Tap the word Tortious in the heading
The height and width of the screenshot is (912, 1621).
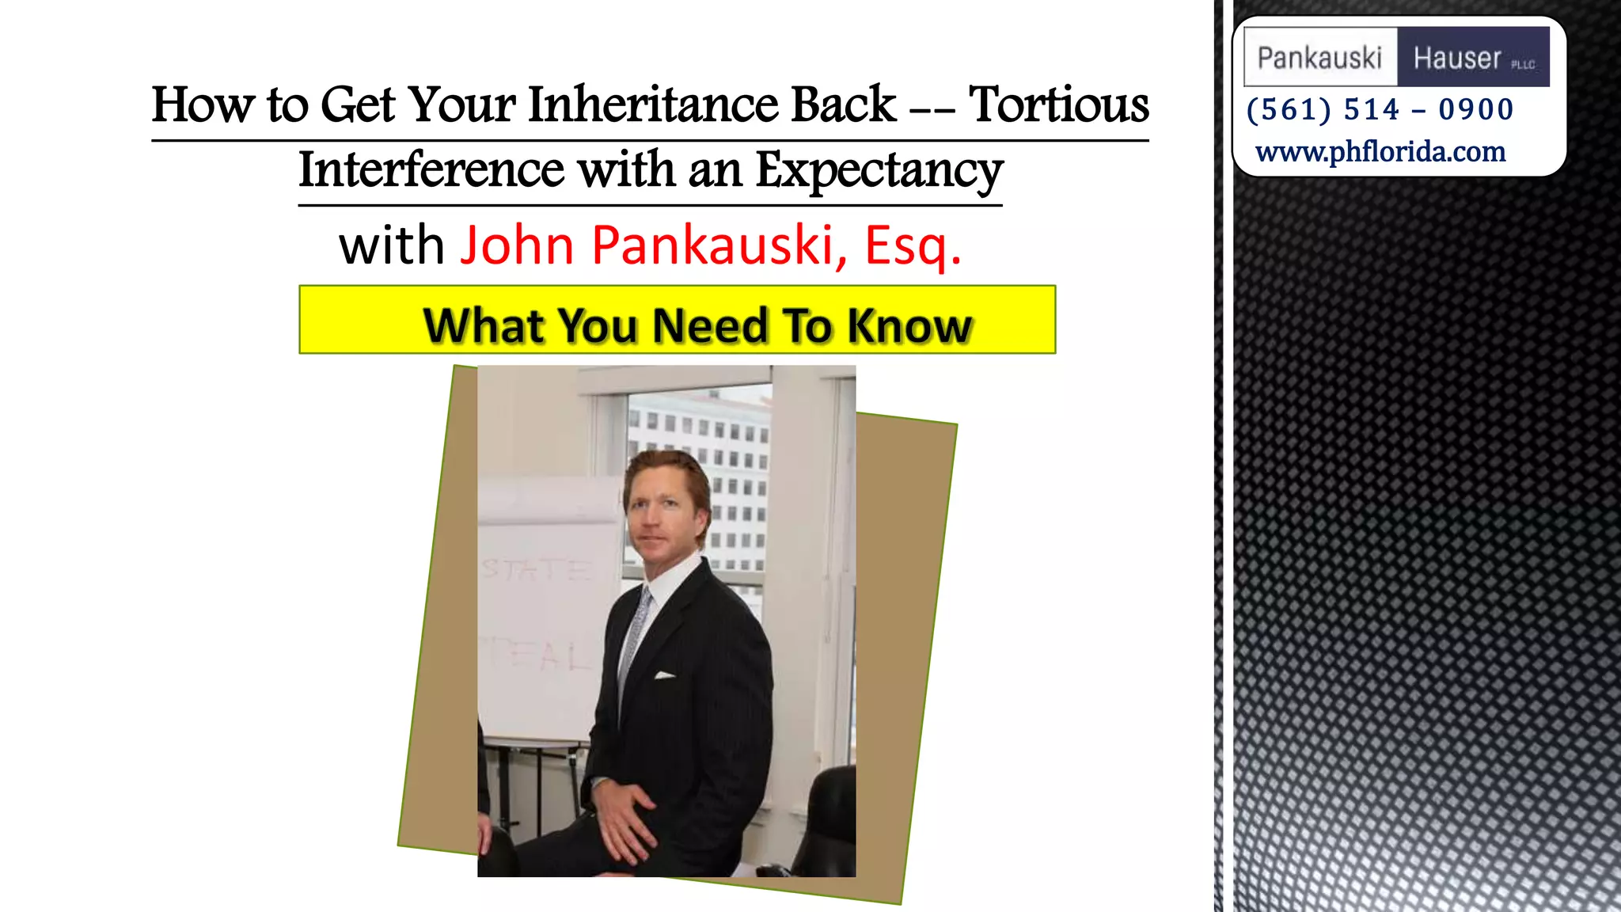point(1058,105)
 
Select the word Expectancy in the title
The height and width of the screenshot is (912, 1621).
point(879,170)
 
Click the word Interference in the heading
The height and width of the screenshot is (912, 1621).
point(431,170)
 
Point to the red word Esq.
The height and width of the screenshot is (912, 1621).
point(912,245)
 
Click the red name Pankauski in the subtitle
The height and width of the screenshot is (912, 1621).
point(712,245)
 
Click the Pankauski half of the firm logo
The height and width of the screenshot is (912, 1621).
point(1319,58)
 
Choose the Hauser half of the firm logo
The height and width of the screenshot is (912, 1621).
point(1472,58)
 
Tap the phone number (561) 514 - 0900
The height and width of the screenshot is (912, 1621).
point(1380,109)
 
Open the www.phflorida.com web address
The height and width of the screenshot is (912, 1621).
point(1380,151)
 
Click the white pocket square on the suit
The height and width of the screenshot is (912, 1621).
point(664,675)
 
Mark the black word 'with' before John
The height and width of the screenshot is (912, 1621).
point(391,245)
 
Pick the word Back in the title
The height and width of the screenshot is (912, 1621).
point(844,105)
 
